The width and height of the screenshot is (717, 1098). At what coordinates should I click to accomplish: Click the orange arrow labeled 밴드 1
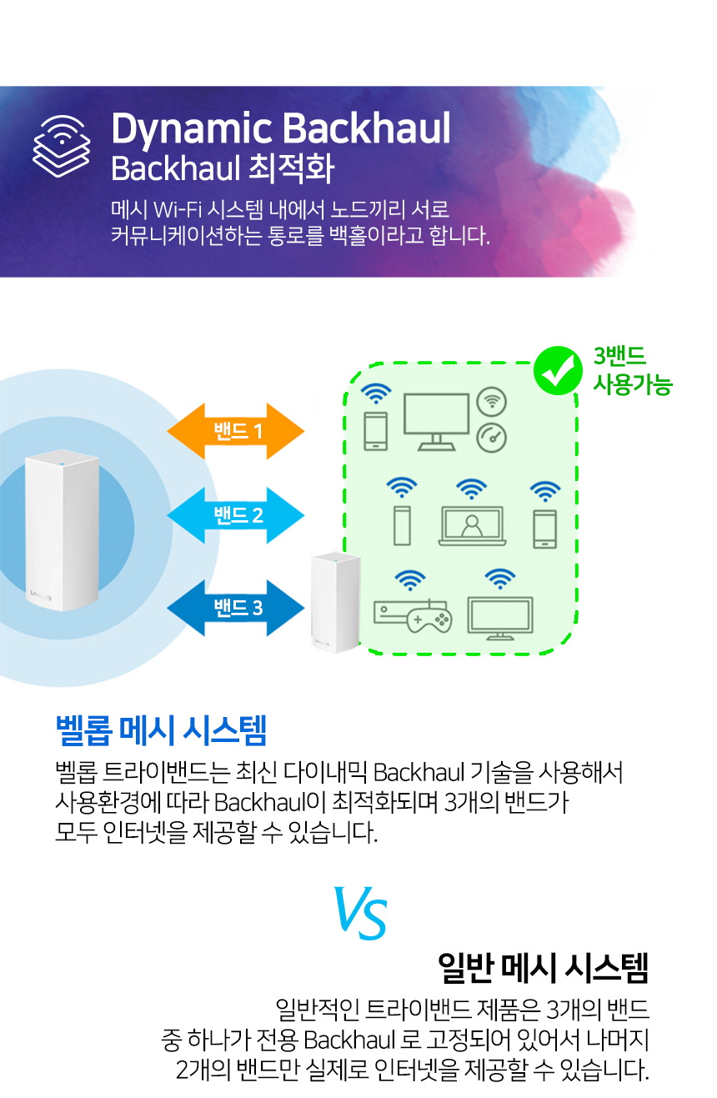tap(237, 432)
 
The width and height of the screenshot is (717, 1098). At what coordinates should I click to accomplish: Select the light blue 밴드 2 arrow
tap(237, 515)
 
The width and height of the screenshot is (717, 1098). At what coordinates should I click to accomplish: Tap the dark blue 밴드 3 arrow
tap(237, 607)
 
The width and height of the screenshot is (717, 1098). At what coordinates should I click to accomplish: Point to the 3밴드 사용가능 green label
tap(632, 371)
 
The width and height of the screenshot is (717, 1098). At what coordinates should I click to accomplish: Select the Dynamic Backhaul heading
tap(281, 129)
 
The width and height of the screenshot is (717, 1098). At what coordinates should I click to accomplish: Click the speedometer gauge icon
tap(491, 436)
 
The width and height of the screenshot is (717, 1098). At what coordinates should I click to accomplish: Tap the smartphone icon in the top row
tap(375, 431)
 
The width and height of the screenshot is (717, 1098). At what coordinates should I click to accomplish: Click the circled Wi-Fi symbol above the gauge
tap(491, 401)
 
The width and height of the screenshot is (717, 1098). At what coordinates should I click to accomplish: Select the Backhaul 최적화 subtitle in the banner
tap(223, 169)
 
